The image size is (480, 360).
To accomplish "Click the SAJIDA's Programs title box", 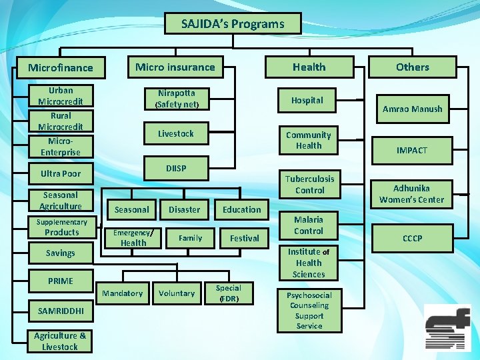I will (x=233, y=24).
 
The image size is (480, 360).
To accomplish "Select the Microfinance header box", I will (x=60, y=67).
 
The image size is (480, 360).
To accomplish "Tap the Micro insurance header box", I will (x=175, y=67).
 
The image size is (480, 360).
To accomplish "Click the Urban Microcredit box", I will (x=61, y=96).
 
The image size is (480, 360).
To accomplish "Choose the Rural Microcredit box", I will (x=61, y=121).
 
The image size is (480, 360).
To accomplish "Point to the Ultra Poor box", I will (x=61, y=173).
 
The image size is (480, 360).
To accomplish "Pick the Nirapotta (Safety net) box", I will (x=177, y=99).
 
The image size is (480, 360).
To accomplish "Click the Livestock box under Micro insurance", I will (x=176, y=133).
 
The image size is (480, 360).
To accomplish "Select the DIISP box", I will (x=176, y=169).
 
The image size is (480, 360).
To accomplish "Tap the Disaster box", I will (x=184, y=209).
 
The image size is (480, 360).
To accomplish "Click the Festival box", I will (x=244, y=238).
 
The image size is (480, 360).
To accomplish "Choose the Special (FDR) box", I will (x=228, y=293).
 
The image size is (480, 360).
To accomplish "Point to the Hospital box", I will (x=307, y=100).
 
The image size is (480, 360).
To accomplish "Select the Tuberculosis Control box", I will (x=309, y=185).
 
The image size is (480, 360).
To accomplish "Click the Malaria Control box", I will (x=308, y=225).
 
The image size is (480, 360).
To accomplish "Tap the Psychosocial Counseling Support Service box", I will (x=309, y=310).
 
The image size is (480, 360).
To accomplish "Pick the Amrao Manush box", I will (x=412, y=109).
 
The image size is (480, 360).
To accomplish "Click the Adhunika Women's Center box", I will (x=411, y=194).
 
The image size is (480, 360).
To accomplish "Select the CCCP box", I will (x=411, y=238).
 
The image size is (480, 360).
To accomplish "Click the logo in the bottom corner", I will (x=447, y=328).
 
